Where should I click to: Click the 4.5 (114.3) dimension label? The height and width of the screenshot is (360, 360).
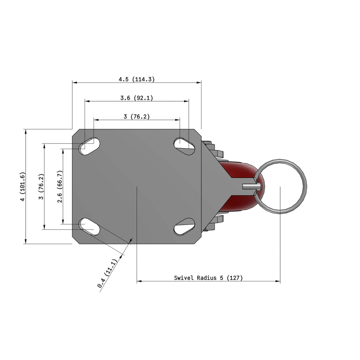(137, 79)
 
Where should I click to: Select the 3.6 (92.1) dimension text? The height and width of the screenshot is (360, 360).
(137, 98)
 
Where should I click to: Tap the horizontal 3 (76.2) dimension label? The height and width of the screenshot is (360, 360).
(137, 117)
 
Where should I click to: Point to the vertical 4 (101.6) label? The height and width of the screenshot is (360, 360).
(22, 186)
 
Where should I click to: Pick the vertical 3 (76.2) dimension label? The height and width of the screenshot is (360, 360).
(41, 186)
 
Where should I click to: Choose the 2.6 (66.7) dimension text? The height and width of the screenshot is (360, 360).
(60, 186)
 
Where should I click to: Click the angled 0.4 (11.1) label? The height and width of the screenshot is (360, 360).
(107, 273)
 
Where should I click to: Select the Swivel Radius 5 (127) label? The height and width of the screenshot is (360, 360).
(208, 278)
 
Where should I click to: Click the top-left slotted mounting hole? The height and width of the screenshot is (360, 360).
(90, 146)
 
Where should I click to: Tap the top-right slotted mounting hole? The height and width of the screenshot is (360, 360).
(184, 146)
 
